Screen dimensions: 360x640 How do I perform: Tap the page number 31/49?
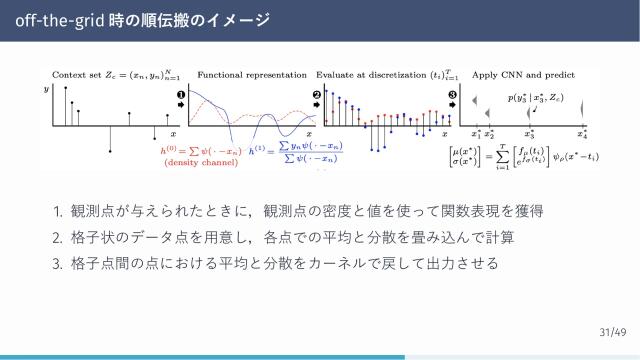point(612,331)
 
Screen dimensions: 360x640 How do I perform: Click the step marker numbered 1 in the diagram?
point(181,97)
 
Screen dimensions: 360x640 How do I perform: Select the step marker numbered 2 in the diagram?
point(317,97)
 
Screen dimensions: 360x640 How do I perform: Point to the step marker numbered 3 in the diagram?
point(452,97)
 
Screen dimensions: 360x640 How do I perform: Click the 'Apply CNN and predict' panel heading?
point(521,75)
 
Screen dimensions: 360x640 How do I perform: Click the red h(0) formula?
point(200,150)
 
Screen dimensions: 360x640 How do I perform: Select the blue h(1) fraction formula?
point(296,152)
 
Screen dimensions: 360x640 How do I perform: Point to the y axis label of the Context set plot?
point(46,91)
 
